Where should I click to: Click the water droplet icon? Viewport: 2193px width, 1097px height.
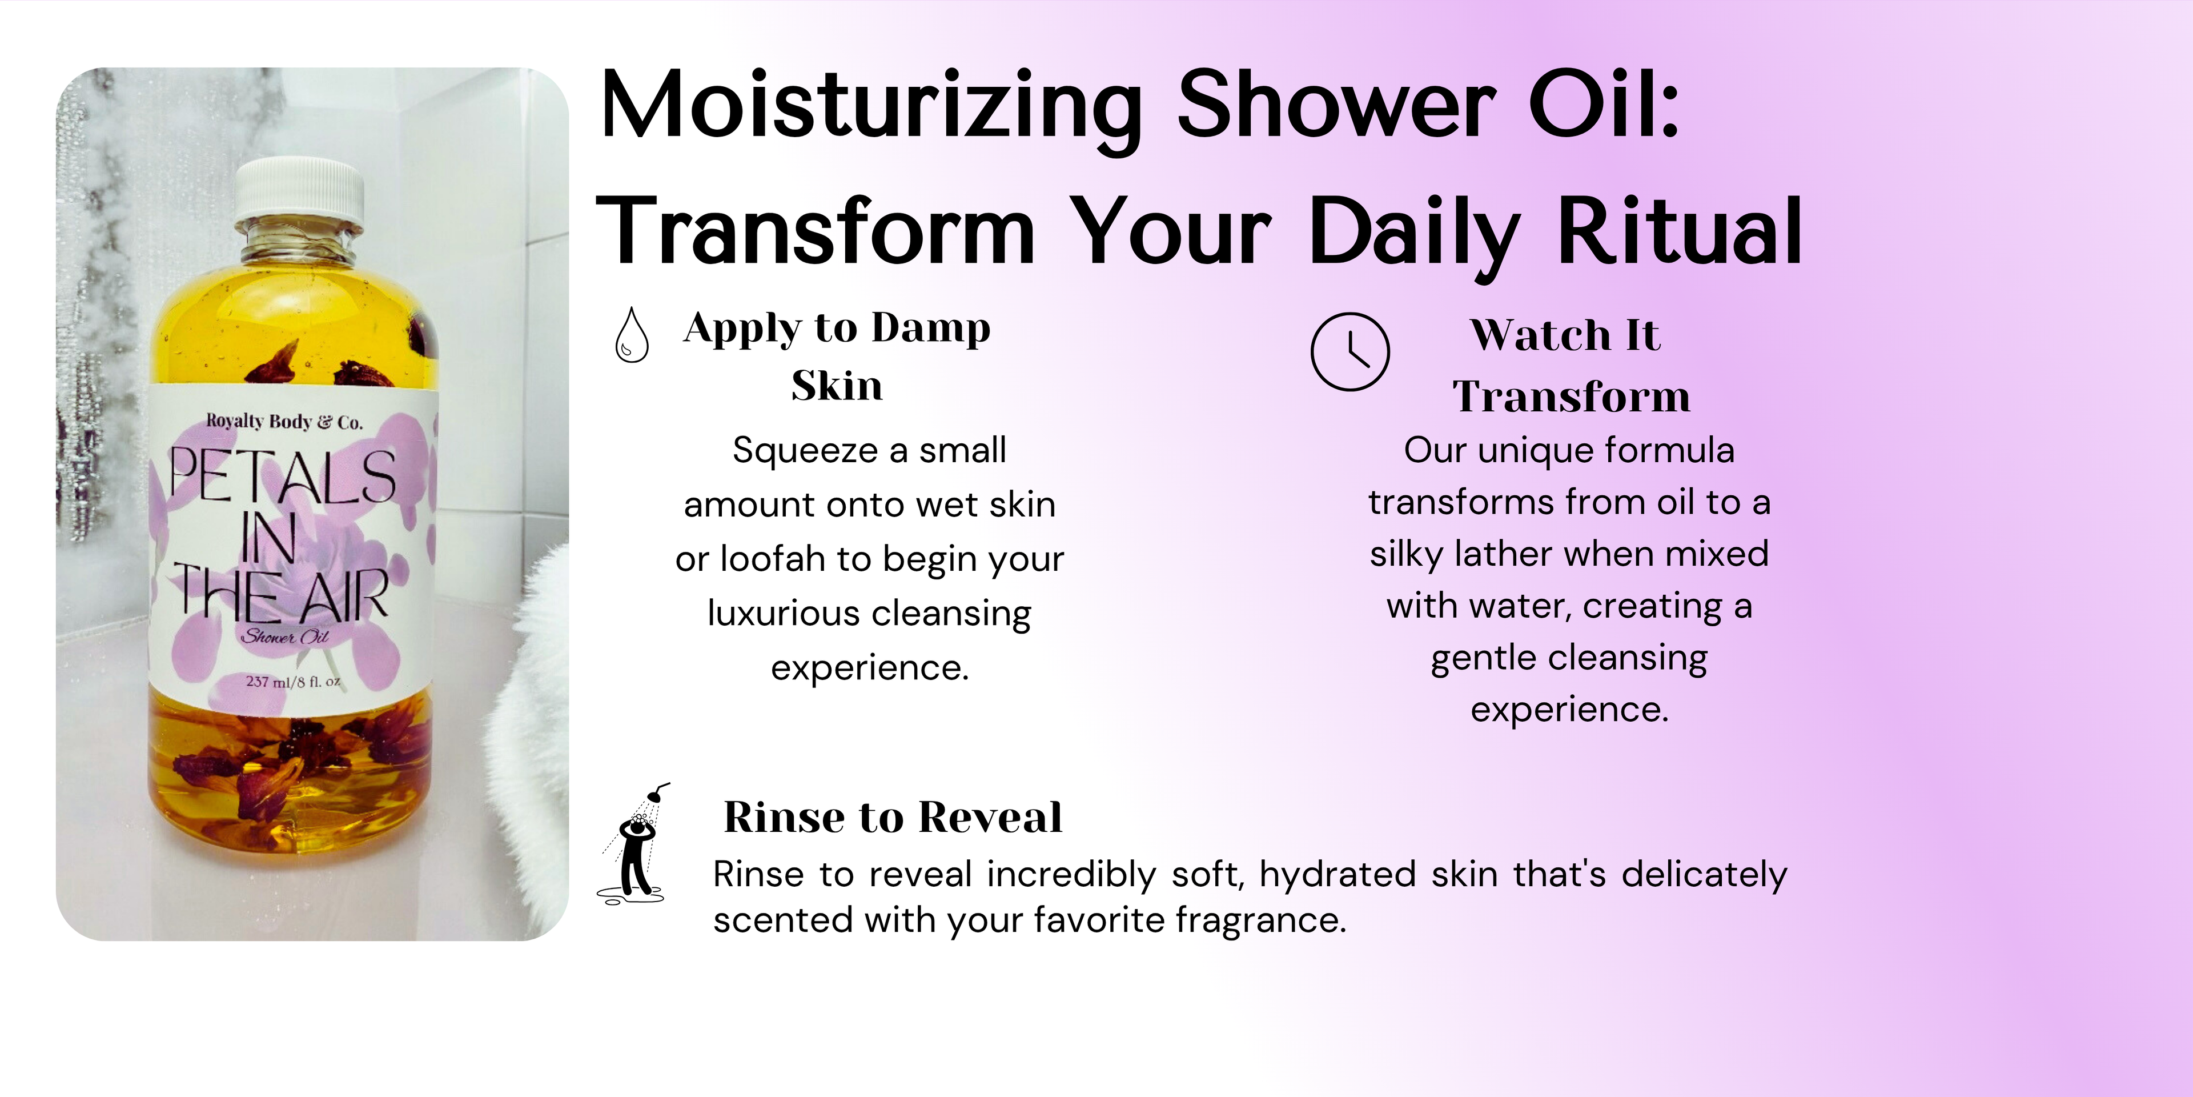click(632, 335)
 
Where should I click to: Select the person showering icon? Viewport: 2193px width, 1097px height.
click(633, 843)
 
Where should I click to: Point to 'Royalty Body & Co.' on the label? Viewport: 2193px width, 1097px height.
click(284, 422)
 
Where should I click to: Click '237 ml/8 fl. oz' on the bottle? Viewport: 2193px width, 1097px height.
click(294, 682)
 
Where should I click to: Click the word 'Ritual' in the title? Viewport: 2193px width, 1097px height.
click(1680, 230)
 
